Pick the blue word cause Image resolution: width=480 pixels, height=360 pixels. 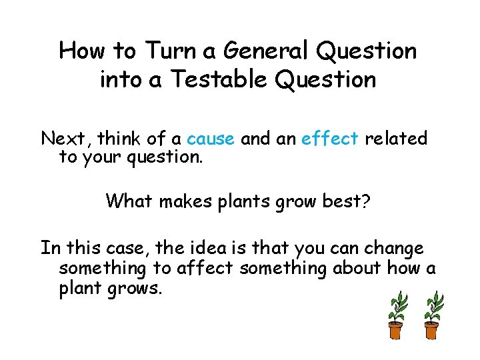click(211, 139)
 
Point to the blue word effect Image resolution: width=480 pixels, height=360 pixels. click(330, 139)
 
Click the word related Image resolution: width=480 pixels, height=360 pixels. click(396, 139)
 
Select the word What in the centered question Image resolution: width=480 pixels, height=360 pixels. click(129, 200)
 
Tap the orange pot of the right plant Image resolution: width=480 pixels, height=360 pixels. click(431, 330)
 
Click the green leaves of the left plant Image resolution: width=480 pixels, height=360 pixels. click(399, 307)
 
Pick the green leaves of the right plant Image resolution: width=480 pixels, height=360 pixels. click(433, 307)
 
